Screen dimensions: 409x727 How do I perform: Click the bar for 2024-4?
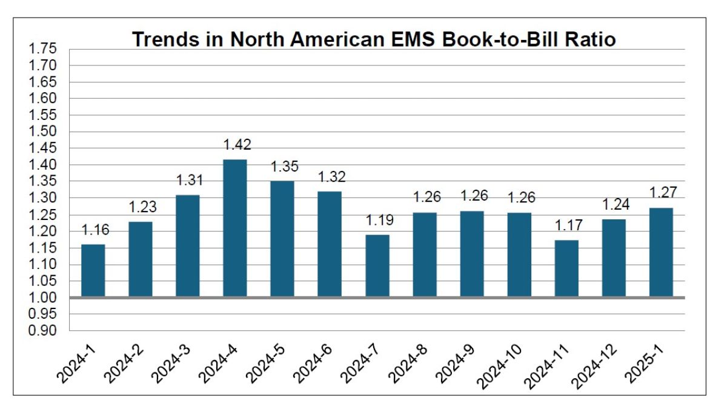tap(235, 228)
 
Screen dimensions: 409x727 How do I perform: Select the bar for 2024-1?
tap(93, 270)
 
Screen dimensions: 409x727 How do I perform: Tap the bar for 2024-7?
tap(377, 266)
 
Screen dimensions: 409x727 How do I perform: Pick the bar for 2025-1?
tap(661, 252)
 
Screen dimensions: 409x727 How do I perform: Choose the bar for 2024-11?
tap(566, 268)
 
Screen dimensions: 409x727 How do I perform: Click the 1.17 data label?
tap(568, 226)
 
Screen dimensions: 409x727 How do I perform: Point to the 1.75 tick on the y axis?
tap(42, 48)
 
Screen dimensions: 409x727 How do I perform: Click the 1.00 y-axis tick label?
tap(42, 298)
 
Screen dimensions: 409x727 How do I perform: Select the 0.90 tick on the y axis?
tap(42, 331)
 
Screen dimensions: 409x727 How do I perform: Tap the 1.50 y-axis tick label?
tap(42, 131)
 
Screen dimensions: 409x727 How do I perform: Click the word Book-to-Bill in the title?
tap(488, 39)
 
